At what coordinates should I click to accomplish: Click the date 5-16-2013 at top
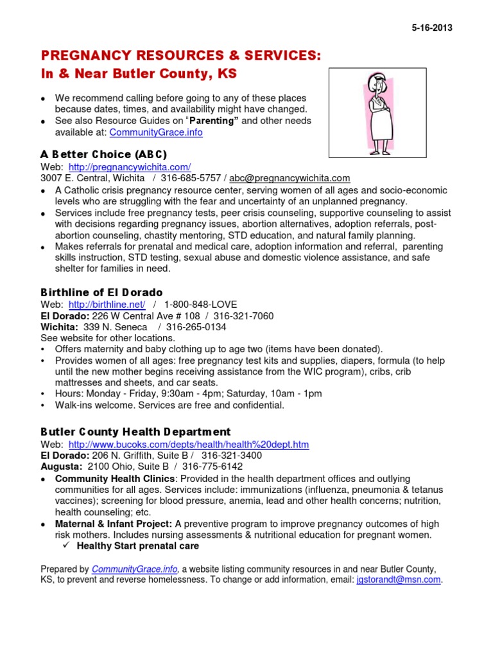tap(431, 28)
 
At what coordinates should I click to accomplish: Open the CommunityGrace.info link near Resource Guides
tap(156, 132)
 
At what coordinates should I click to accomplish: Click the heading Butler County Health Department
tap(135, 432)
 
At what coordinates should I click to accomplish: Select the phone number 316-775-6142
tap(212, 467)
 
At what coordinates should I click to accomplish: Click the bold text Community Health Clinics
tap(115, 479)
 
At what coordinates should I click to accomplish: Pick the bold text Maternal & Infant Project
tap(114, 524)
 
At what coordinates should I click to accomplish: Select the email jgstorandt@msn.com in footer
tap(399, 580)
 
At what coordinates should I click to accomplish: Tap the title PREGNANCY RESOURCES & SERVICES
tap(180, 57)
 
